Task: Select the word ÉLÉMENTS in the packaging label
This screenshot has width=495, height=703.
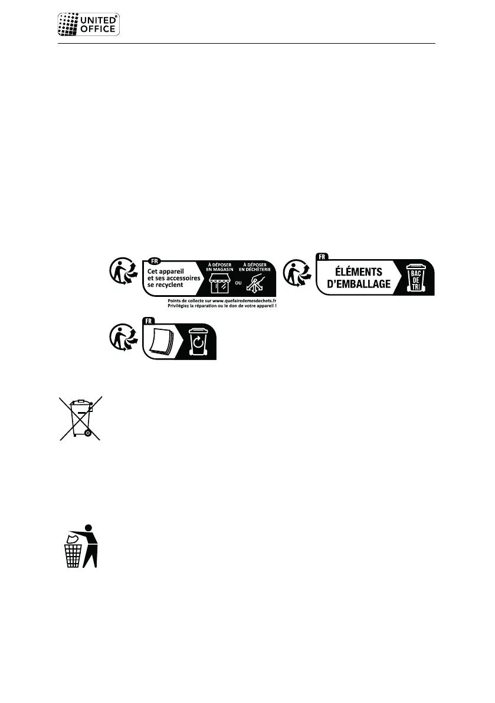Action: click(354, 272)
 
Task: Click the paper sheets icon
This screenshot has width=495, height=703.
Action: click(162, 343)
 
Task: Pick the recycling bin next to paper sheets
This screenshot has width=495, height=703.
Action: click(197, 342)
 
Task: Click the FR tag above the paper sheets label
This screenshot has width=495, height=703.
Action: click(148, 321)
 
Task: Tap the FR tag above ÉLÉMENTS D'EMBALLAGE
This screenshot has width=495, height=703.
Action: click(322, 257)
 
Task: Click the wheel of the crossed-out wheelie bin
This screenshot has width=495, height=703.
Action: click(87, 433)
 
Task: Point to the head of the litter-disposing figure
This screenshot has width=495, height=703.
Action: click(89, 528)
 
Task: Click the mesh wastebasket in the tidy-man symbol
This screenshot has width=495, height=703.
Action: click(73, 555)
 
